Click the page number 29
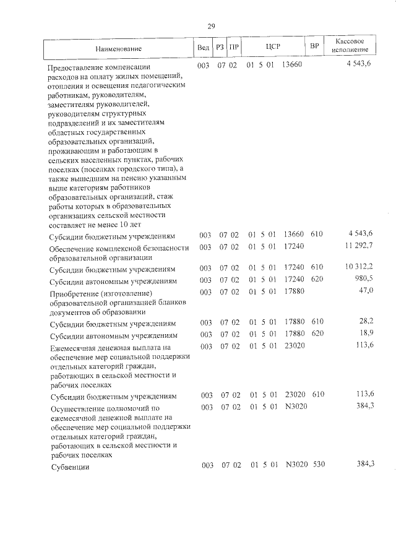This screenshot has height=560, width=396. click(211, 26)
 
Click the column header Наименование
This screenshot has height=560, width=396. click(119, 48)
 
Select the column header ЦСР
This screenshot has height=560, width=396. click(273, 47)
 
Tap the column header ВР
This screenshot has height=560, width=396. click(314, 47)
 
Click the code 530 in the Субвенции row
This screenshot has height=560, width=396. click(319, 465)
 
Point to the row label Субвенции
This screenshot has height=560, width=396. click(70, 467)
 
